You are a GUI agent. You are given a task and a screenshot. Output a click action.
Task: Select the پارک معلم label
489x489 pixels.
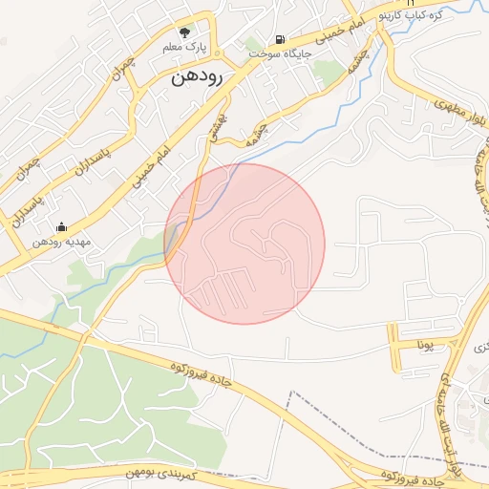(197, 46)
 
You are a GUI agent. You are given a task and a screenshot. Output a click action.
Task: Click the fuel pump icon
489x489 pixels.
(279, 40)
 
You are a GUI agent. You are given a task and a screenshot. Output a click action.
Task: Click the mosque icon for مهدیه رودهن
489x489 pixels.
(62, 227)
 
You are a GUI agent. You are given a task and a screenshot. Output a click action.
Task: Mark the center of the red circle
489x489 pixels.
(244, 244)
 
